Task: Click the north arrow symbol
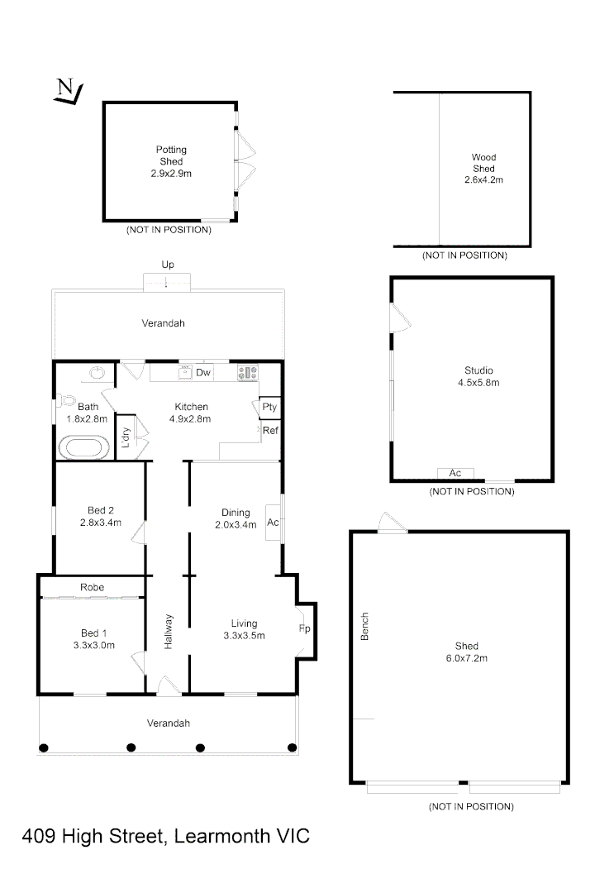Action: tap(65, 92)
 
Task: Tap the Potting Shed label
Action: tap(171, 161)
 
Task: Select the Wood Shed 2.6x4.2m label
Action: tap(483, 168)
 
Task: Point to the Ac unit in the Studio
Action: tap(455, 473)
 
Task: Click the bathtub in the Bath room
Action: tap(83, 448)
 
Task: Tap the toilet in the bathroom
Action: tap(66, 401)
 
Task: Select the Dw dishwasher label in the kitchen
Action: tap(203, 373)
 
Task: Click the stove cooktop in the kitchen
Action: tap(248, 373)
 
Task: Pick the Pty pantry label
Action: tap(269, 408)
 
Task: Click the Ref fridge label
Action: tap(269, 430)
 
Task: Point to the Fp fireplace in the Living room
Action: tap(303, 629)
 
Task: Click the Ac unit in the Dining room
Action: tap(273, 523)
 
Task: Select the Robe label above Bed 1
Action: tap(91, 586)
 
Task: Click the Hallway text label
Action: tap(169, 631)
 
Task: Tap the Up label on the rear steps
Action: tap(168, 265)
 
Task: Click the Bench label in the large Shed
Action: tap(364, 626)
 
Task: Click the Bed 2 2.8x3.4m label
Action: tap(101, 516)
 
